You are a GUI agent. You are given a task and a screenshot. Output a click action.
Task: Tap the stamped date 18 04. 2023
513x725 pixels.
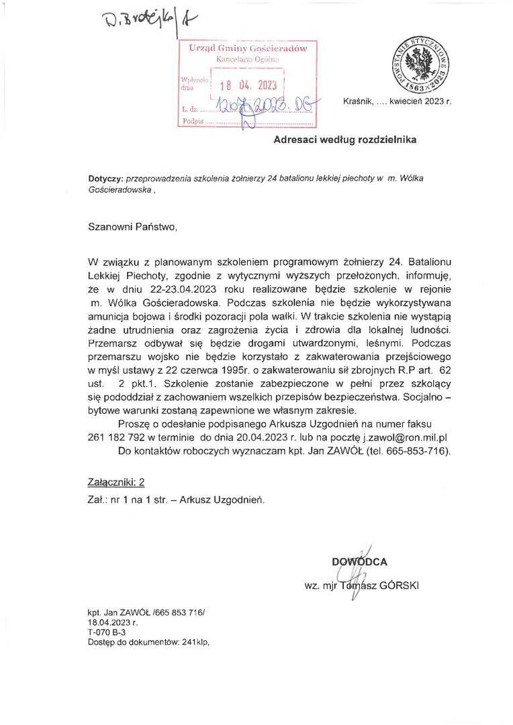click(x=248, y=85)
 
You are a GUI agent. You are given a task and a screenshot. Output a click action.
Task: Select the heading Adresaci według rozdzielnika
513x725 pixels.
click(x=344, y=140)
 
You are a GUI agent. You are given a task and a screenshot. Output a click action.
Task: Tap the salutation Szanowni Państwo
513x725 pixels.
click(x=133, y=226)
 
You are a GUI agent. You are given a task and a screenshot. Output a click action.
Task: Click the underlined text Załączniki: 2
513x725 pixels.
click(x=116, y=482)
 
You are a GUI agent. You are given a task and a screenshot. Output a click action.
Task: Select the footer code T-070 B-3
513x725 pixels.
click(x=106, y=632)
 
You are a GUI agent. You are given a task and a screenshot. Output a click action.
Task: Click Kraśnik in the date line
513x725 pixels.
click(x=358, y=101)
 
